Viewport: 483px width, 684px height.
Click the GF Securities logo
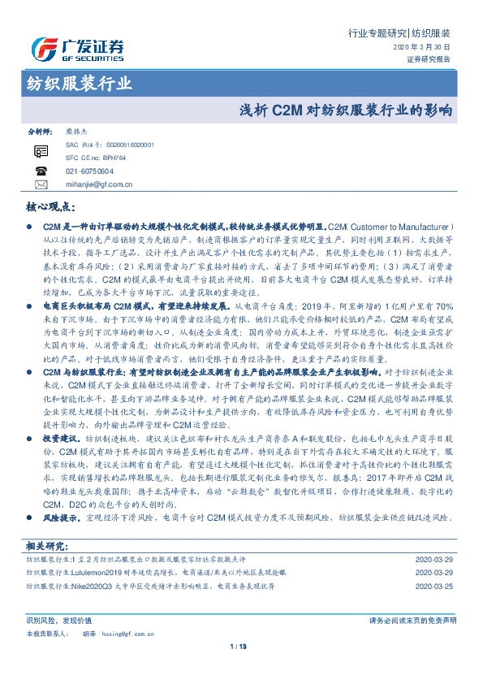(x=77, y=50)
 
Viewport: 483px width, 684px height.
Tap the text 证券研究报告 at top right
(x=427, y=59)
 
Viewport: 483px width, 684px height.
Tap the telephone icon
(x=41, y=171)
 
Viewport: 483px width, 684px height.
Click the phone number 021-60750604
(x=90, y=171)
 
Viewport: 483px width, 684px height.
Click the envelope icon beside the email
(x=41, y=184)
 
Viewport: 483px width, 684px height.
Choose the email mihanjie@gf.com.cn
(x=99, y=184)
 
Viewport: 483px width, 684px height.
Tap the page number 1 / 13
(x=241, y=647)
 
